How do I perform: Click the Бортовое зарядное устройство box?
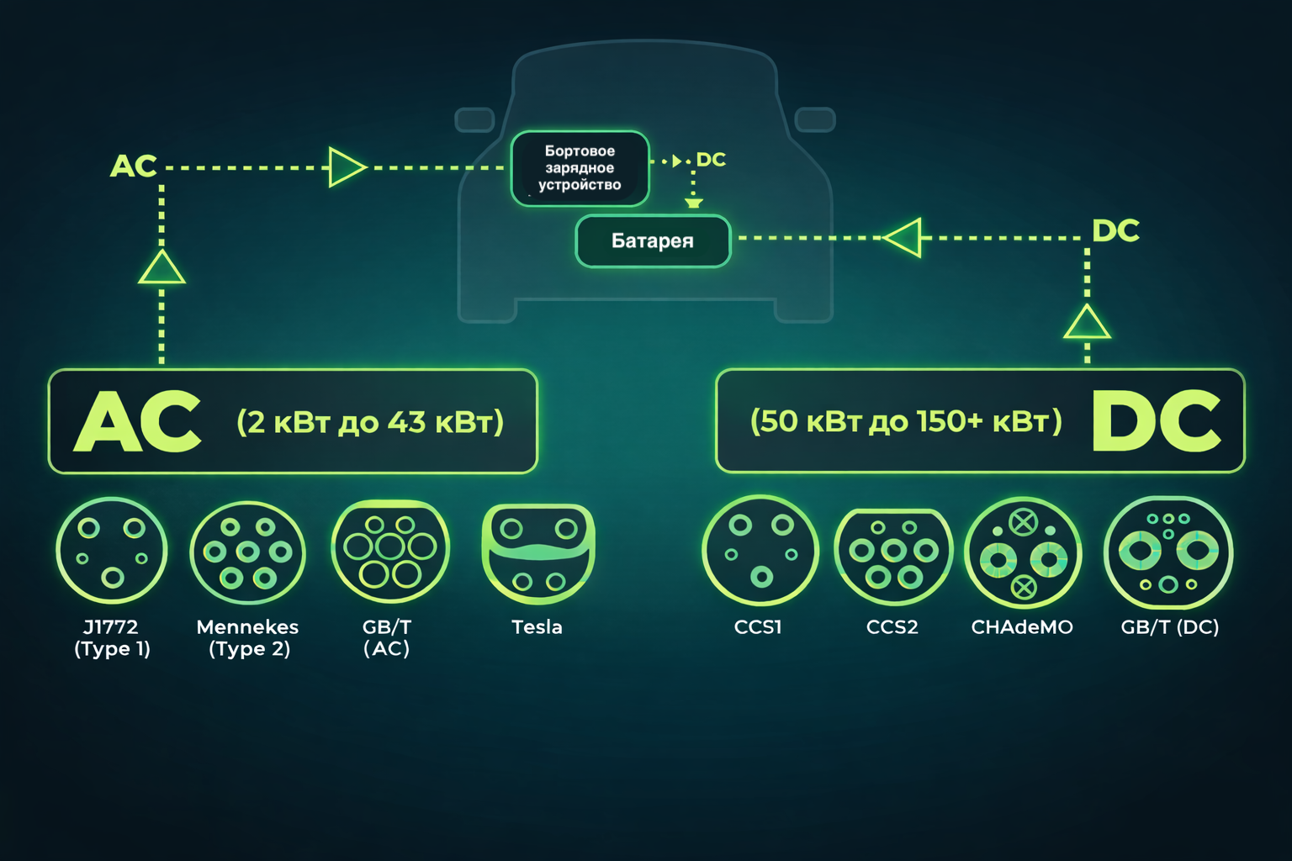[580, 168]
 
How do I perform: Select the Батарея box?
[653, 241]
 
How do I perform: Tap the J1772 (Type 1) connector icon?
[112, 551]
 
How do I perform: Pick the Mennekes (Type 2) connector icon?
[248, 552]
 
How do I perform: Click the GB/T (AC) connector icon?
[390, 551]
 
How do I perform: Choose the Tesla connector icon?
[538, 553]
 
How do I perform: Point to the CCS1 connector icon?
[760, 551]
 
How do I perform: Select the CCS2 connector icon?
[893, 556]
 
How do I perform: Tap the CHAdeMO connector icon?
[1023, 553]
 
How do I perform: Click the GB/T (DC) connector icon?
[1168, 552]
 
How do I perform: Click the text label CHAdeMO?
[1022, 627]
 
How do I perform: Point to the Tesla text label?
[537, 627]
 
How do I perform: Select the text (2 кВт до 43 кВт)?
[370, 422]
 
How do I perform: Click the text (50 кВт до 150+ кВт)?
[906, 421]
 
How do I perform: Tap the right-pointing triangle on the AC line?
[346, 167]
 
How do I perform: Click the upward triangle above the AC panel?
[161, 269]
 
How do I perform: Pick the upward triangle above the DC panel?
[1087, 323]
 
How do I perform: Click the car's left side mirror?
[474, 119]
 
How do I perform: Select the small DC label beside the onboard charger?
[711, 160]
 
